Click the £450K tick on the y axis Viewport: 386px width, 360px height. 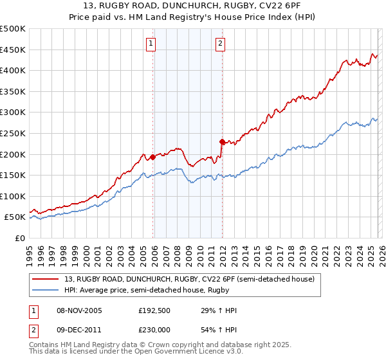click(13, 50)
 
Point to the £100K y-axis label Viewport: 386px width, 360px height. click(13, 196)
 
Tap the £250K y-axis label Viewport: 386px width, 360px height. click(13, 133)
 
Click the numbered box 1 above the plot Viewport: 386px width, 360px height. click(151, 44)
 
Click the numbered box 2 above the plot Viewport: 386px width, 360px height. click(220, 44)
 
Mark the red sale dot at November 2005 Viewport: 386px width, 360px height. click(152, 157)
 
